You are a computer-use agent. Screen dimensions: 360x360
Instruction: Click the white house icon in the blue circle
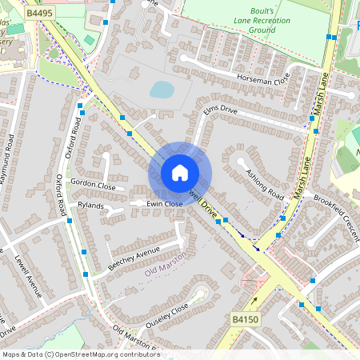point(179,173)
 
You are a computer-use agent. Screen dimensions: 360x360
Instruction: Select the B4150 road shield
point(246,319)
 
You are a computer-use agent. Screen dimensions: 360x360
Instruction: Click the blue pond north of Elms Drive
point(162,89)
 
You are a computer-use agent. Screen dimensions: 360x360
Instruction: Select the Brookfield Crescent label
point(336,210)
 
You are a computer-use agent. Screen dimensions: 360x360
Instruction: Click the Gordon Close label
point(93,184)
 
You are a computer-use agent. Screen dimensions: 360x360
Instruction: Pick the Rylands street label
point(94,205)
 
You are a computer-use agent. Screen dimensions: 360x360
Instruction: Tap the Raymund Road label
point(7,160)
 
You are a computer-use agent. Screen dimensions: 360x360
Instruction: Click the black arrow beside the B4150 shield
point(255,302)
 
